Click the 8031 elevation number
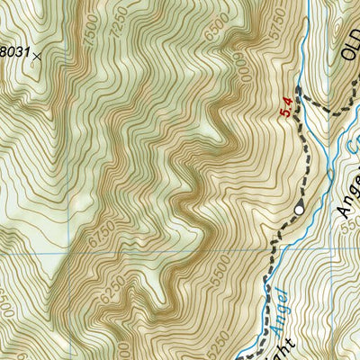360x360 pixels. [x=13, y=51]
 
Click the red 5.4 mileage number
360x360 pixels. [x=287, y=107]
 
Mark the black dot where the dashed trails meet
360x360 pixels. [x=299, y=90]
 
